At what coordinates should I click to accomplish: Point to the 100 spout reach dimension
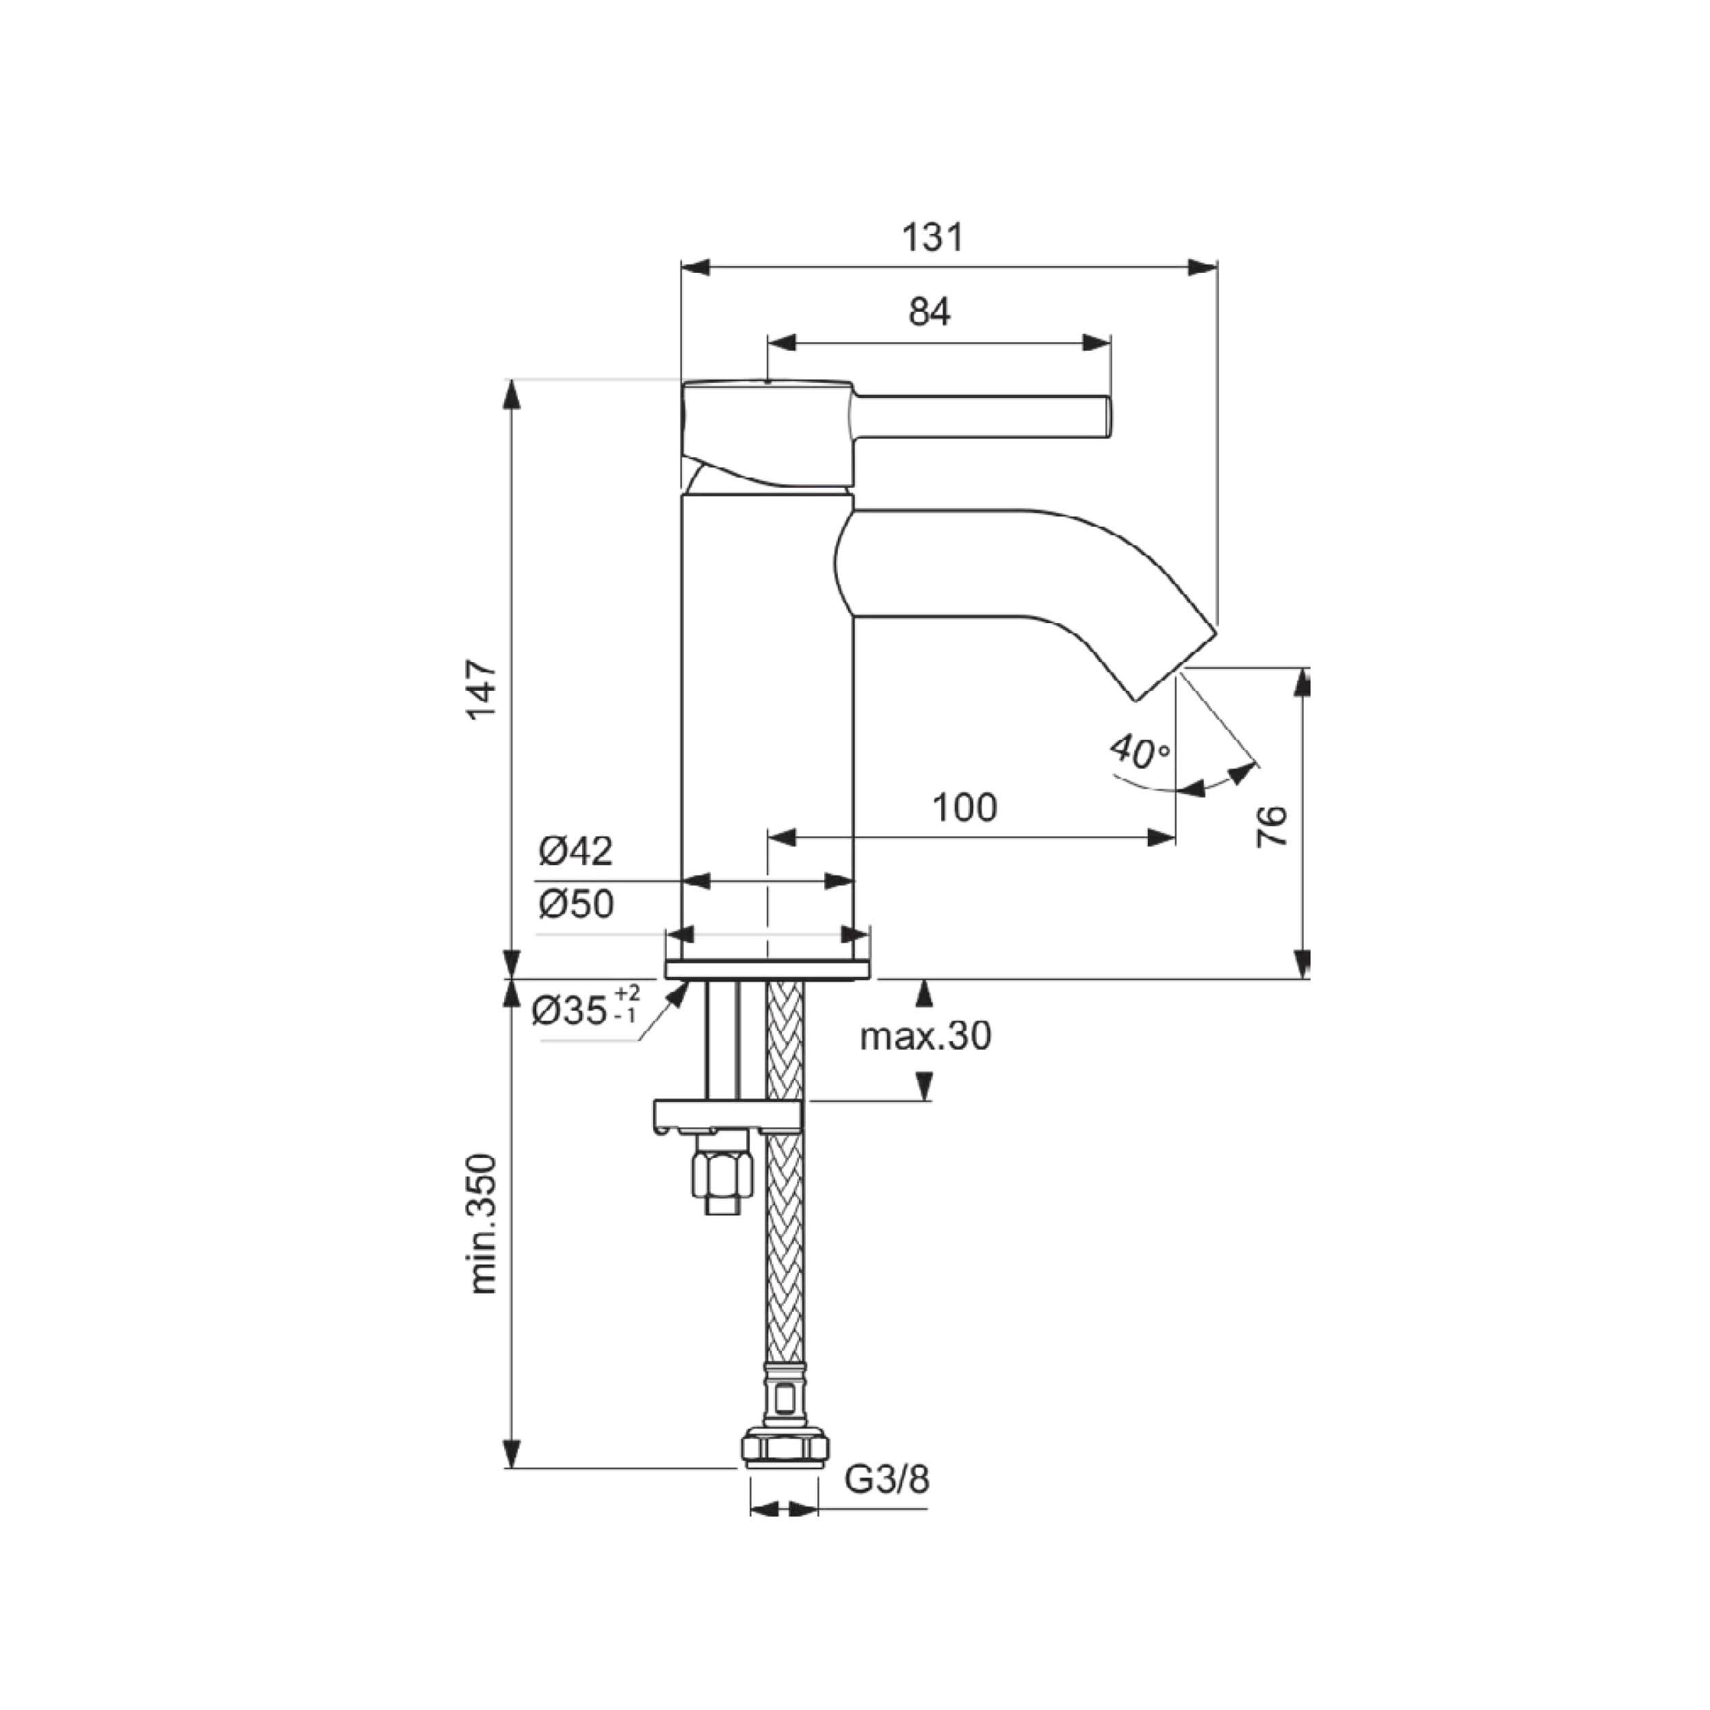(x=964, y=807)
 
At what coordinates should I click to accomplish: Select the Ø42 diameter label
(x=575, y=852)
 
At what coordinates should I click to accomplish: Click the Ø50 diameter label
(x=575, y=904)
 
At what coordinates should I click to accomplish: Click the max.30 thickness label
(x=926, y=1036)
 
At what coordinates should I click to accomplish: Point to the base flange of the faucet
(x=767, y=969)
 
